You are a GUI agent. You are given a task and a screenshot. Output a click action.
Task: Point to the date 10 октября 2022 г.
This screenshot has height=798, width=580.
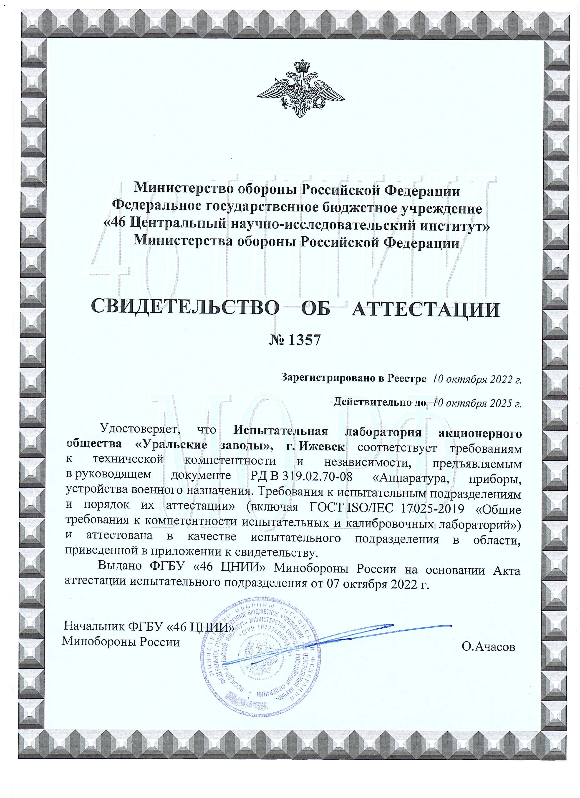[477, 379]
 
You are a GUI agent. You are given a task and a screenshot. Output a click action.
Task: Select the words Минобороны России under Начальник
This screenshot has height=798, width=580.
[121, 642]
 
